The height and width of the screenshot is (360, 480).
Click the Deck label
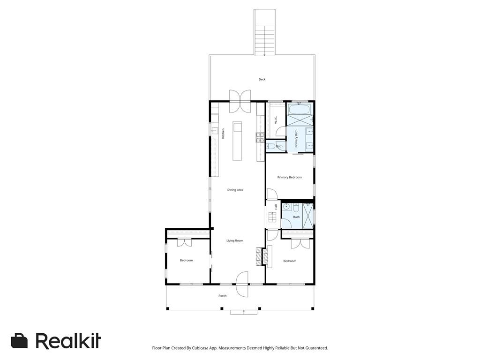pos(262,79)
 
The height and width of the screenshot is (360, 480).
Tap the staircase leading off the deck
pos(265,33)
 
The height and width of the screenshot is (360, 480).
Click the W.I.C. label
pos(276,120)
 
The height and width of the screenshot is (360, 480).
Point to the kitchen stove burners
pos(260,137)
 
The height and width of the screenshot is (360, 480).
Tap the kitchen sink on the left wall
pos(214,131)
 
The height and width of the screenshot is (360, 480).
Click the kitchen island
pos(237,141)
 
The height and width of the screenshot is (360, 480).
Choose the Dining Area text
pos(235,190)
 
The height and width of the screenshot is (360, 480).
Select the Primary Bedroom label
pos(289,177)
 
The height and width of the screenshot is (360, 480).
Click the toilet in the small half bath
pos(270,146)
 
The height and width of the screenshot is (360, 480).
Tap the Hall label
pos(276,206)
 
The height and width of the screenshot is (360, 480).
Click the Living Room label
pos(235,240)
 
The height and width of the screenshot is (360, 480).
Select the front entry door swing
pos(242,285)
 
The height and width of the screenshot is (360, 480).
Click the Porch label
pos(223,296)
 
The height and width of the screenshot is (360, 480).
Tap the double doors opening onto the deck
pos(240,101)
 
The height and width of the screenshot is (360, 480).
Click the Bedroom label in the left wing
pos(186,260)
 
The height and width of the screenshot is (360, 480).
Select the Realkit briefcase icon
pos(19,341)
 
